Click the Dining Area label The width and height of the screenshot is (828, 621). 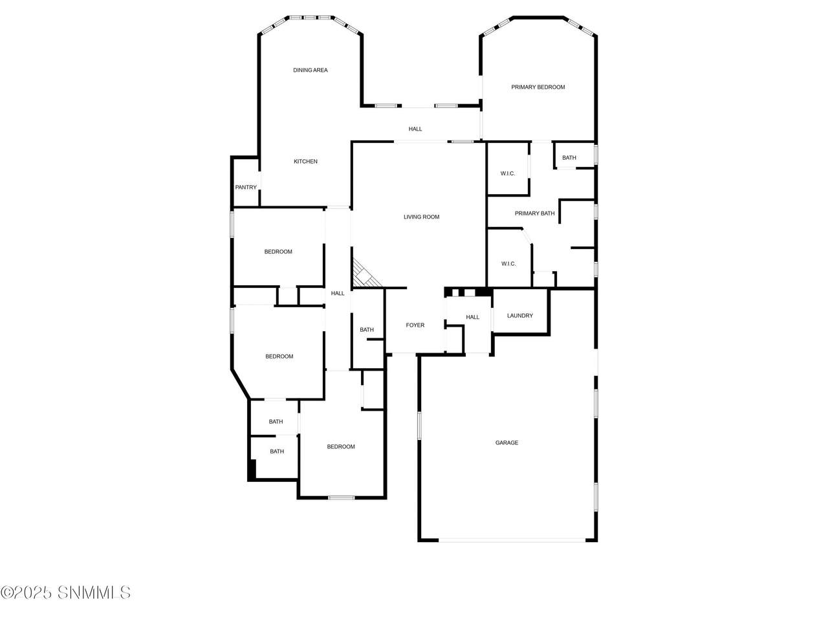tap(310, 70)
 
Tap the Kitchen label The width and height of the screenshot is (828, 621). tap(305, 161)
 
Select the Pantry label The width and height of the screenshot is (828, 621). tap(246, 188)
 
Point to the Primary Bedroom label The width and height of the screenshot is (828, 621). tap(538, 87)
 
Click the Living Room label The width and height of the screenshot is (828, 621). tap(421, 217)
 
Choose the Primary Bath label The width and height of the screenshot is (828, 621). tap(534, 213)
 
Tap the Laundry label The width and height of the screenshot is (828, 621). tap(520, 316)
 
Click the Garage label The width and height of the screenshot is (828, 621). tap(507, 442)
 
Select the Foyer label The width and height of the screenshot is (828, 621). tap(415, 325)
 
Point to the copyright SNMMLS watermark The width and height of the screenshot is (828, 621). tap(65, 593)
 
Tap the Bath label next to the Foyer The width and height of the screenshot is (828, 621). tap(367, 329)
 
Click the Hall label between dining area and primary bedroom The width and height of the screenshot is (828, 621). tap(415, 129)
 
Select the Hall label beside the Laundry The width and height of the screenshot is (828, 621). tap(472, 317)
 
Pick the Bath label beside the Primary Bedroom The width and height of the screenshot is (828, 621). tap(569, 158)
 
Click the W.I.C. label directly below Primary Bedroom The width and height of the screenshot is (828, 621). tap(508, 173)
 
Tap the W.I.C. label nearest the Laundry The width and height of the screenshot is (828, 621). tap(508, 264)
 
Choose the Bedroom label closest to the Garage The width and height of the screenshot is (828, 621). tap(341, 447)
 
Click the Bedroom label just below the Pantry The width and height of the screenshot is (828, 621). tap(278, 252)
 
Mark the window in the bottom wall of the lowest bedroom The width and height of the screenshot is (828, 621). tap(341, 497)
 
